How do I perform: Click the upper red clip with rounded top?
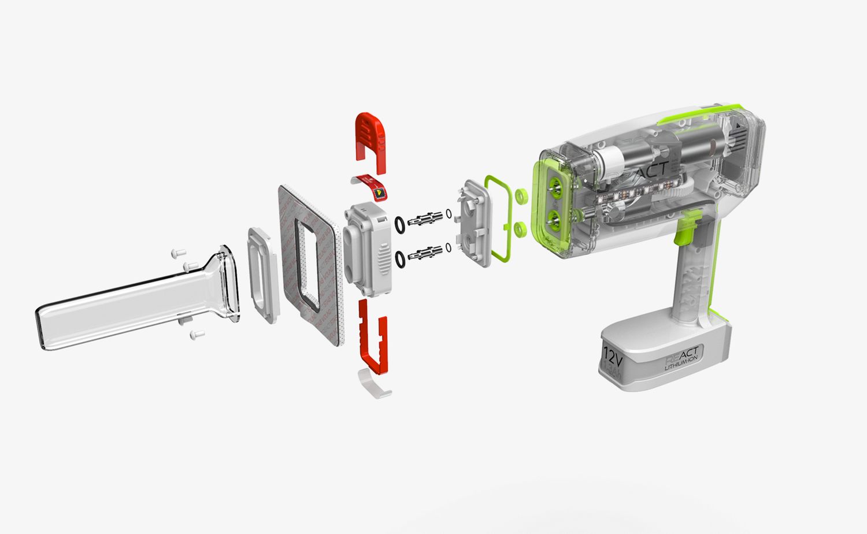[370, 139]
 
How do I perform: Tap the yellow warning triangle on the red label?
[379, 191]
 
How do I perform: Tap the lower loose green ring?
[520, 229]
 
